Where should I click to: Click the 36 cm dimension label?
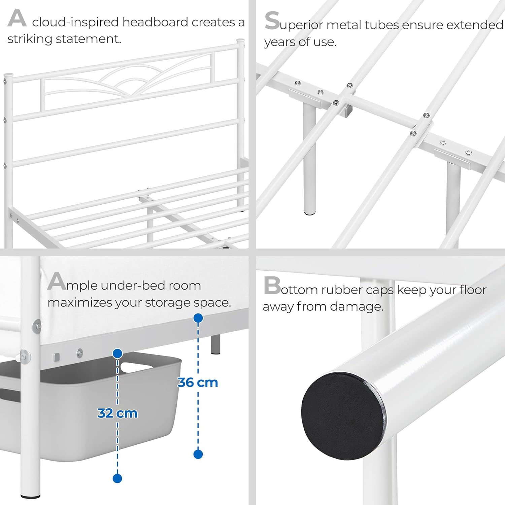[198, 383]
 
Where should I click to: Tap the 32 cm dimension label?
[117, 413]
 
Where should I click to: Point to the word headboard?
[155, 22]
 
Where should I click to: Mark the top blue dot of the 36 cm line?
[198, 318]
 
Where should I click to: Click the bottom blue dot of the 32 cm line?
[117, 478]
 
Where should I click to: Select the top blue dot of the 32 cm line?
[117, 353]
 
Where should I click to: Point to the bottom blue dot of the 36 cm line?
[198, 454]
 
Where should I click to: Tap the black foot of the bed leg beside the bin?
[30, 496]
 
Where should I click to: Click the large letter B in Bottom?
[272, 286]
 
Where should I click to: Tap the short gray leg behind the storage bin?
[216, 344]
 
